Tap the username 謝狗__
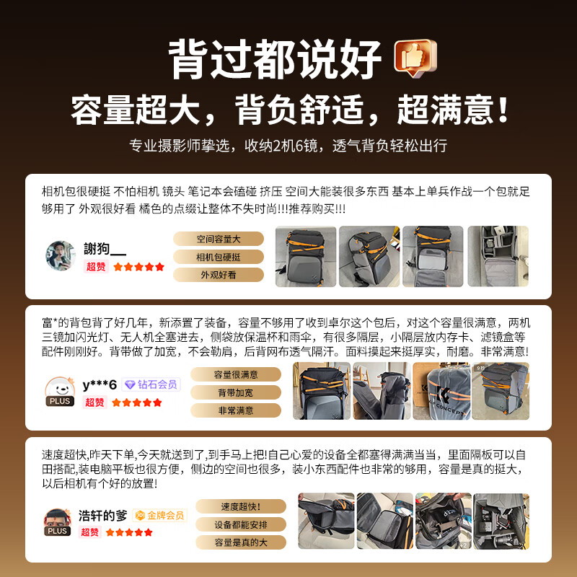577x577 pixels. [105, 249]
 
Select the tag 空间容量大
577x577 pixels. [219, 239]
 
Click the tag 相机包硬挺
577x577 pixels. [219, 257]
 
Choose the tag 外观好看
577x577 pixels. [219, 275]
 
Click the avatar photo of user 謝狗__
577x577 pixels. [61, 256]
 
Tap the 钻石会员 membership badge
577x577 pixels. [150, 384]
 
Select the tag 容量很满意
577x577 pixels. [236, 374]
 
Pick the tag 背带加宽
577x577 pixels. [236, 392]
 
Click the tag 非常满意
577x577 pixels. [236, 410]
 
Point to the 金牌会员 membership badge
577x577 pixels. [159, 515]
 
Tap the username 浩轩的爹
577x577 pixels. [102, 516]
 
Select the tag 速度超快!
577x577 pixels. [241, 506]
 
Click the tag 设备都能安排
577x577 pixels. [241, 524]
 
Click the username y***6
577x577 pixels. [100, 384]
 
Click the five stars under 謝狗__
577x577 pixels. [138, 267]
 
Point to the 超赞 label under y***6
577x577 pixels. [94, 402]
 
